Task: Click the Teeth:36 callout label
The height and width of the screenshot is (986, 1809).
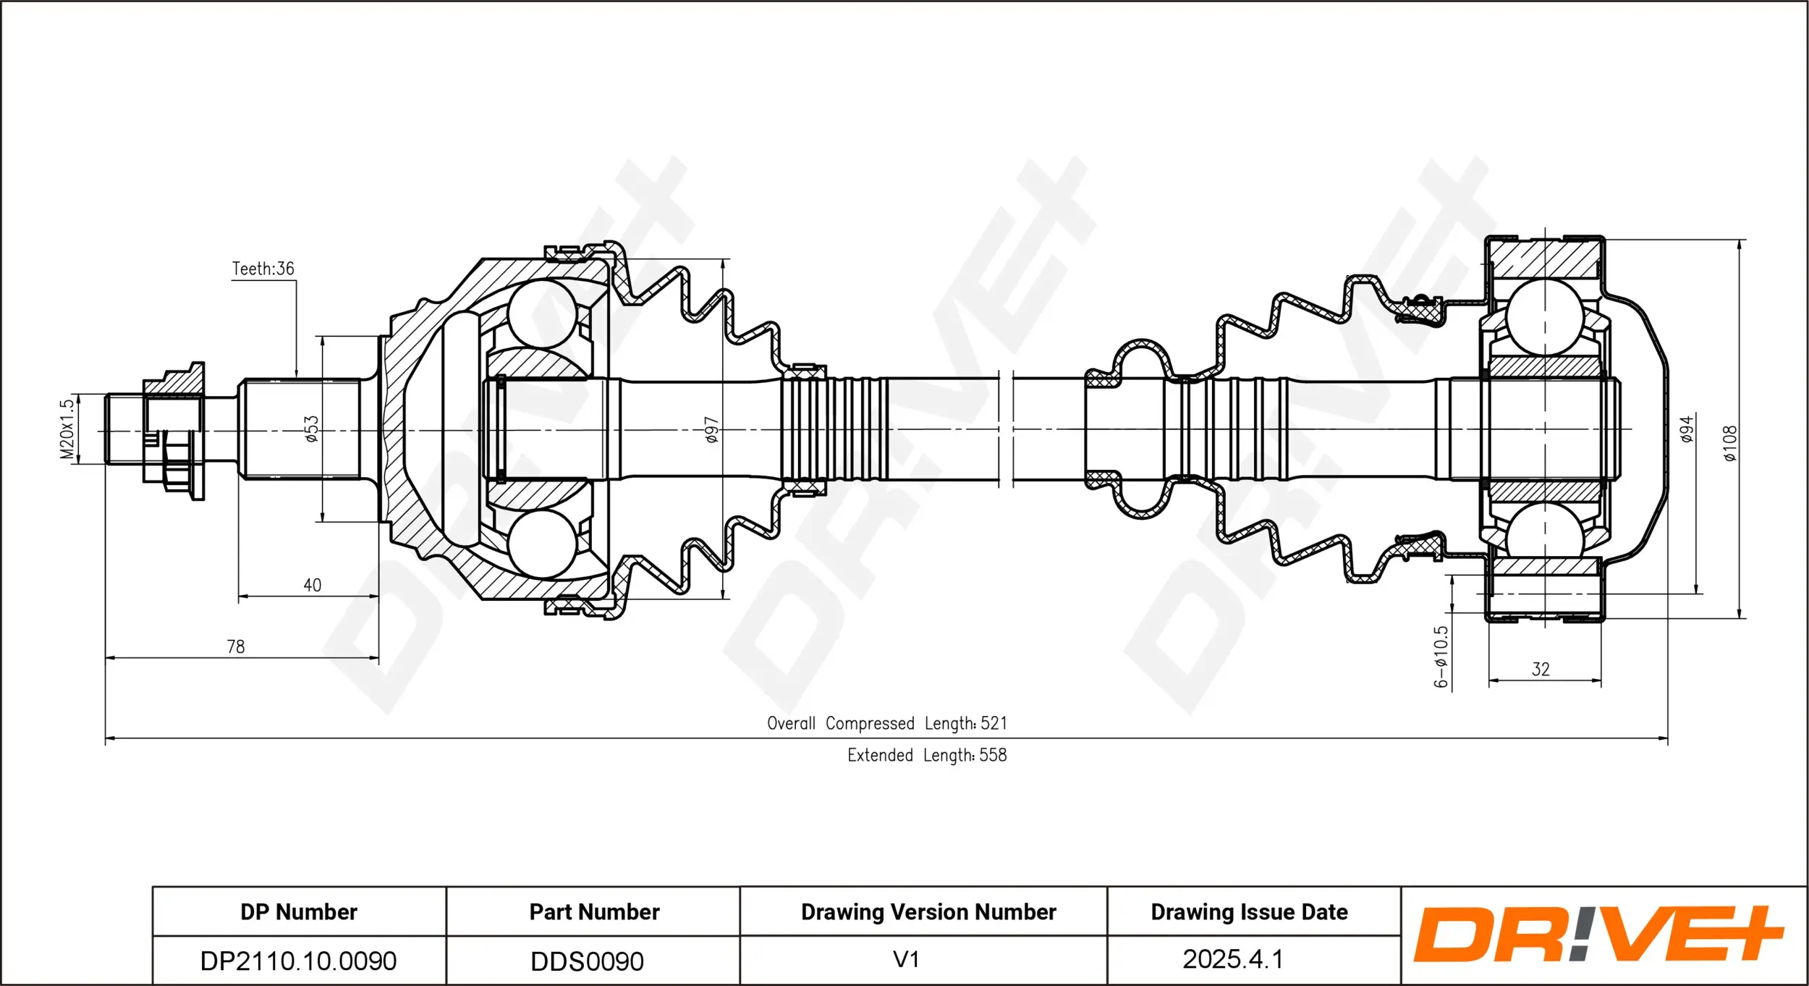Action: point(263,269)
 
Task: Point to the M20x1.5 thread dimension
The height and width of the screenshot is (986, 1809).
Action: point(67,429)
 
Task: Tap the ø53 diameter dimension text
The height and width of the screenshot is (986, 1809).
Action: point(311,429)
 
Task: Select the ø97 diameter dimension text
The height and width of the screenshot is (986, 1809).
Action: point(712,429)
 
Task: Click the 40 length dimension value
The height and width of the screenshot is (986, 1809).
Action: point(312,585)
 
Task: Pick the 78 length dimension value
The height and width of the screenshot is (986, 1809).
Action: point(236,646)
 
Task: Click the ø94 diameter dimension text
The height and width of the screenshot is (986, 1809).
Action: point(1687,429)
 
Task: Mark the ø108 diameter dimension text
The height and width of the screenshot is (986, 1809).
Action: point(1730,443)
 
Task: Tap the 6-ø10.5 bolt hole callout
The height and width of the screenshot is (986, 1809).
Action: point(1441,657)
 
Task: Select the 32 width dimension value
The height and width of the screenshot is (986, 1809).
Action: point(1541,670)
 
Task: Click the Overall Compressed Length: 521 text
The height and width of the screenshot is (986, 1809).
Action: point(887,723)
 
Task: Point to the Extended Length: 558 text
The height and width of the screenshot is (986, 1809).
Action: point(927,755)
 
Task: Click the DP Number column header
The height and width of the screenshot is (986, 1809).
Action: point(299,912)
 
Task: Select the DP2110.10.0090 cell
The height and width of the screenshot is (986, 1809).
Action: point(298,961)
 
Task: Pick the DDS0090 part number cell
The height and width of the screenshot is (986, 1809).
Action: point(587,961)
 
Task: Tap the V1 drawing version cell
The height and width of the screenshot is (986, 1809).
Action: point(906,959)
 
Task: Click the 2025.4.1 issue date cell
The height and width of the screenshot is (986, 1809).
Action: point(1232,959)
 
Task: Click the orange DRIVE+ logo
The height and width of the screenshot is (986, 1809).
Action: point(1597,935)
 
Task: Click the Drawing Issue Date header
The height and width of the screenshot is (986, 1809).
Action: point(1249,912)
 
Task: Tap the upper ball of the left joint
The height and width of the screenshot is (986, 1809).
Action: point(542,313)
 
